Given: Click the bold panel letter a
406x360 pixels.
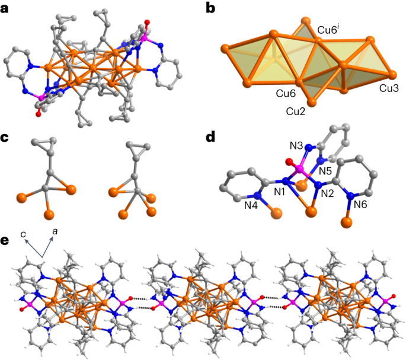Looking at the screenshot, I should (x=5, y=9).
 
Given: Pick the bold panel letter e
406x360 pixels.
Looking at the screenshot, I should (x=5, y=241).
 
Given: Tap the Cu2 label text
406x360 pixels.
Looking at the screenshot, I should (x=296, y=111).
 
